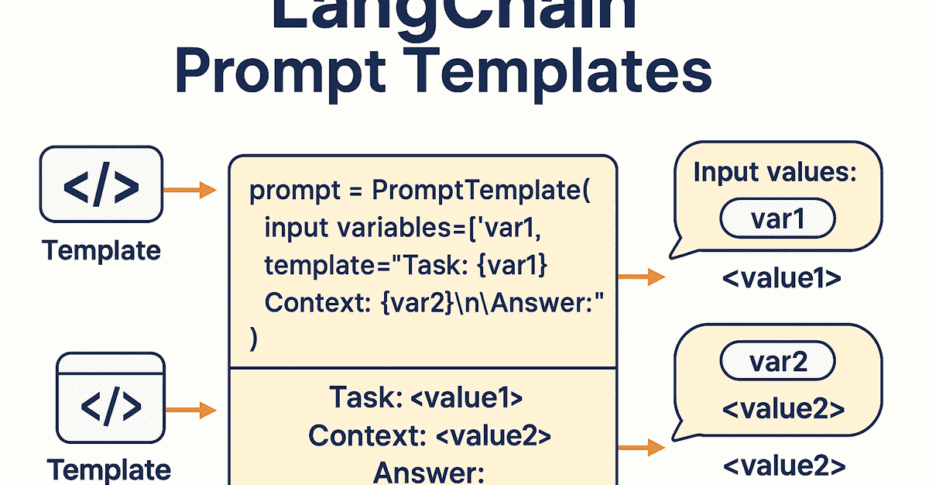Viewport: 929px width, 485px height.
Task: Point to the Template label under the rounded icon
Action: [101, 250]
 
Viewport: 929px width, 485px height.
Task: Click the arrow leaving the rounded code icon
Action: [190, 189]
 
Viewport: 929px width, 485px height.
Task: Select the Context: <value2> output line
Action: [429, 435]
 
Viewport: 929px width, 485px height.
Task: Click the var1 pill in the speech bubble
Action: [777, 221]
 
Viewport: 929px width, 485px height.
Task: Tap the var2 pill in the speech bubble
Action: [778, 363]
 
